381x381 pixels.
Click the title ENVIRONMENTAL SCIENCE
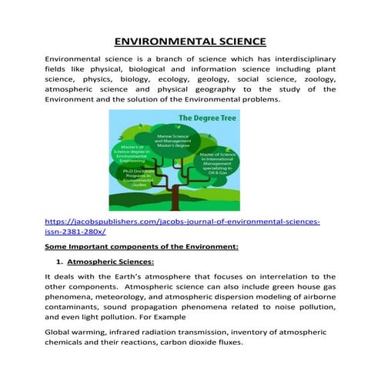[190, 41]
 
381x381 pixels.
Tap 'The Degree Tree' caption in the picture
[209, 119]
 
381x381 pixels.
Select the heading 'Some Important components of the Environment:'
[142, 247]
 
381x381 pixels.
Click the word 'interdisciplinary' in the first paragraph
[295, 59]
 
